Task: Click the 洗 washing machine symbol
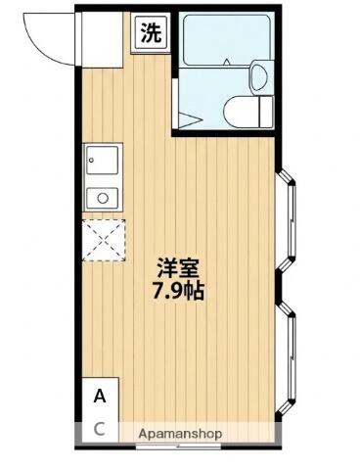point(151,33)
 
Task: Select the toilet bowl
point(241,112)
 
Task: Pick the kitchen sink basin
point(103,160)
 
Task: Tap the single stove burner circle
point(103,198)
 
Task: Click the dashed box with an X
point(104,240)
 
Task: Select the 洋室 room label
point(178,268)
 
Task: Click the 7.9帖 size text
point(178,291)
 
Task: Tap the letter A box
point(100,397)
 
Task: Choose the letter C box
point(100,430)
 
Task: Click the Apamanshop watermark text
point(180,434)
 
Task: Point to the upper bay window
point(286,220)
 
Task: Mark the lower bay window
point(286,357)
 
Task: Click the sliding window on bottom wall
point(179,446)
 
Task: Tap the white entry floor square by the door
point(102,39)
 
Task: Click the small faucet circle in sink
point(92,161)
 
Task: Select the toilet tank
point(266,112)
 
